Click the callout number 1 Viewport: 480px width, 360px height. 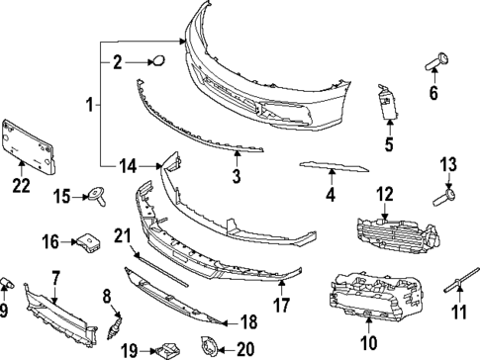(x=90, y=103)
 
